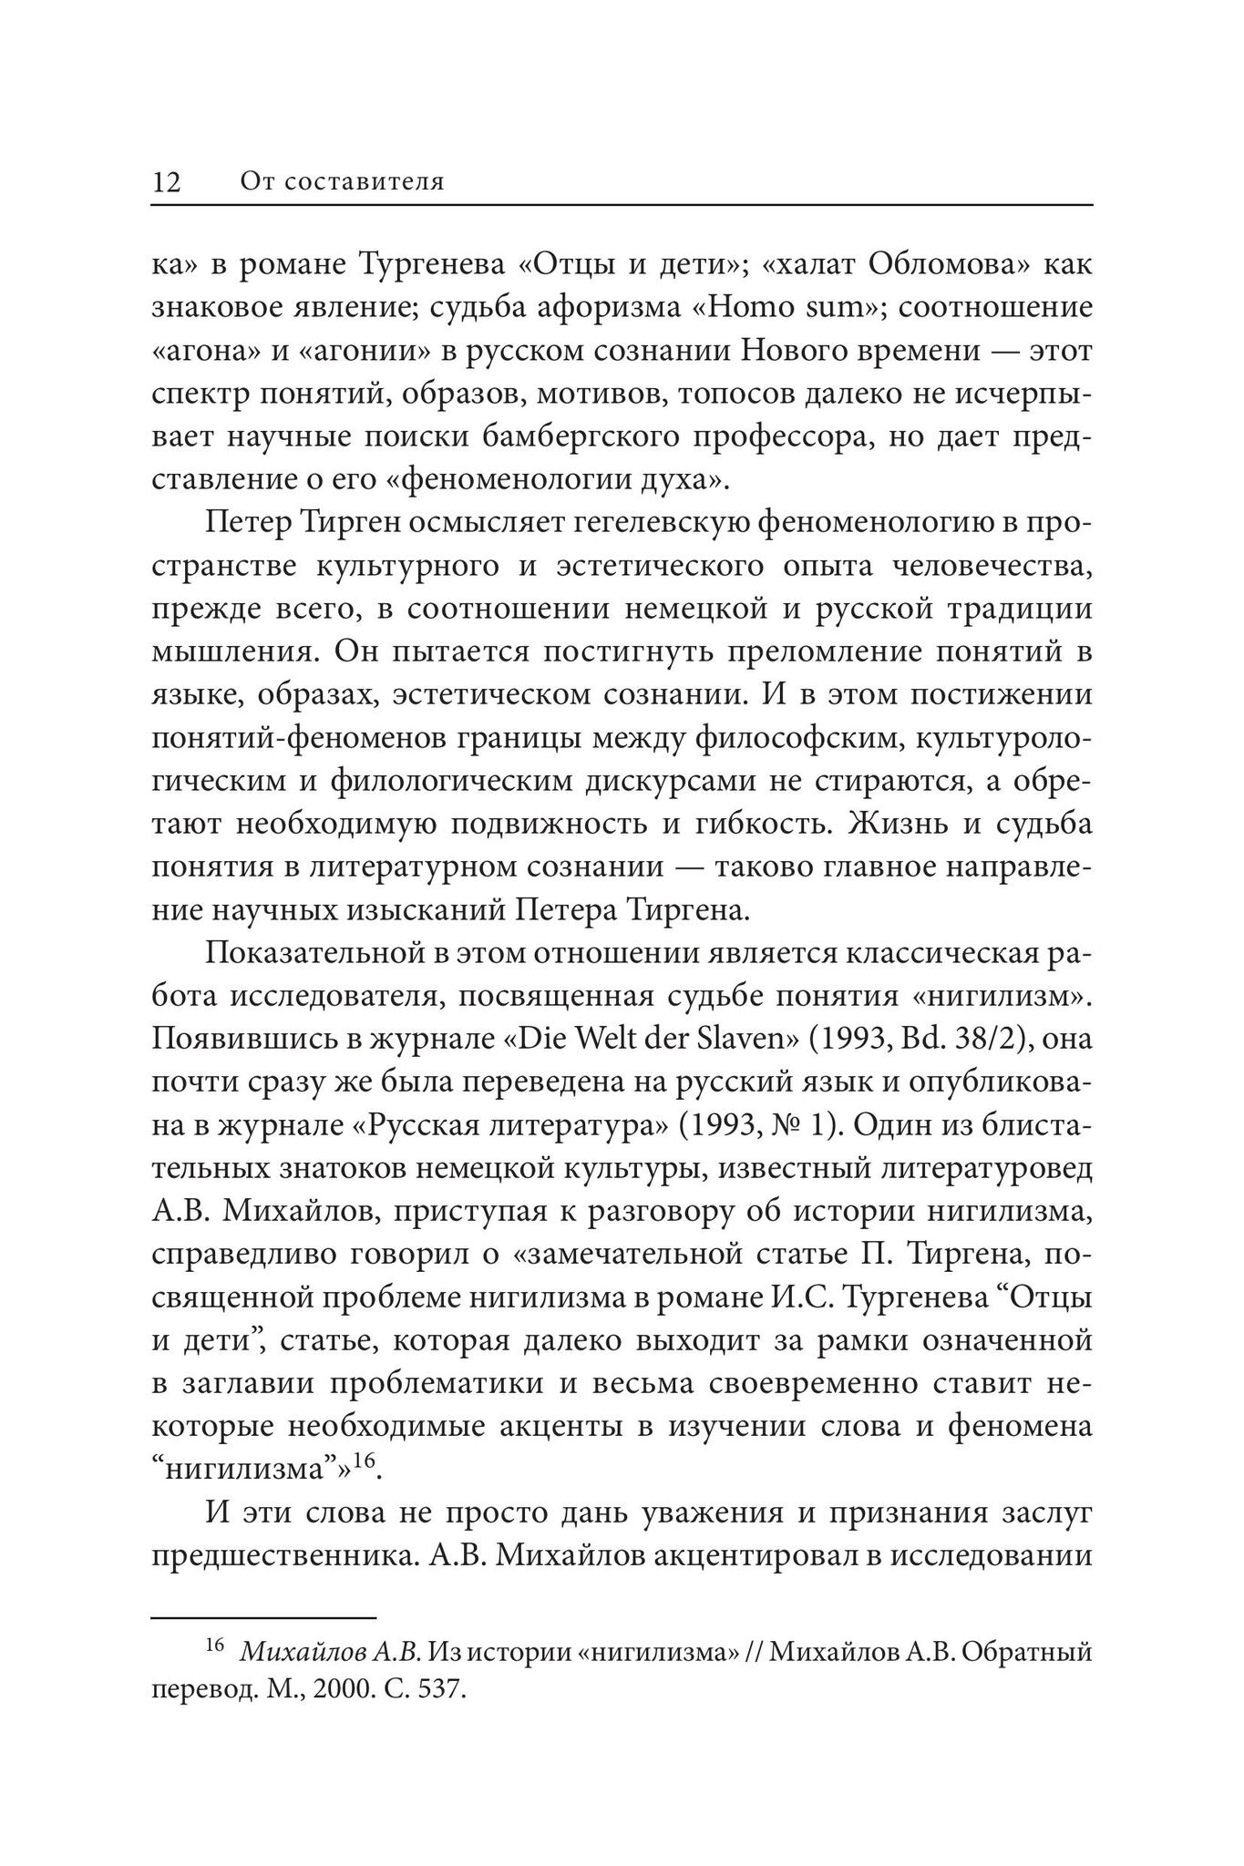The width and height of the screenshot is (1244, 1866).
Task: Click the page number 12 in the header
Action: pos(167,182)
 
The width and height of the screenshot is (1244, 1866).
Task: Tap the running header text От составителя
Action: pos(342,182)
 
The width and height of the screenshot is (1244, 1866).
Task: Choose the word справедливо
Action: pos(242,1255)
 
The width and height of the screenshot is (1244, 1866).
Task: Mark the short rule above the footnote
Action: pos(263,1618)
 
